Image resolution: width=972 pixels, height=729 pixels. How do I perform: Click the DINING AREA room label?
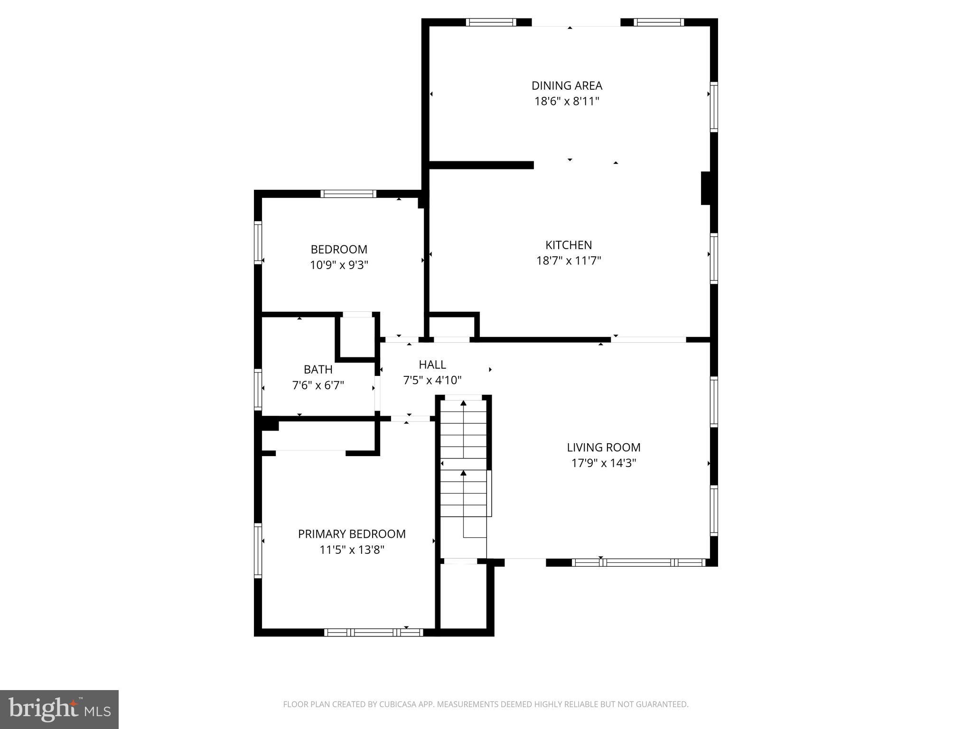click(x=567, y=85)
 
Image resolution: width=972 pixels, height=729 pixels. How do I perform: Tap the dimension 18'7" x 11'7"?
click(x=569, y=261)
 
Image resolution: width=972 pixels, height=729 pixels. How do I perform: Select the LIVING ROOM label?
click(x=603, y=447)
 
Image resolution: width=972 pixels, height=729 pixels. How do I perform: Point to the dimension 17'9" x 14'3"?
click(x=603, y=463)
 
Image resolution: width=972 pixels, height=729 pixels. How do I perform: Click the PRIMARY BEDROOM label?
click(x=352, y=534)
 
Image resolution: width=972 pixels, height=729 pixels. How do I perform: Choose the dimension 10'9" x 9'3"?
click(x=339, y=265)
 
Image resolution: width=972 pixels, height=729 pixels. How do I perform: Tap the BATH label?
click(x=318, y=369)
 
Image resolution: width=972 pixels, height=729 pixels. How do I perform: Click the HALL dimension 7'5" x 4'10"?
click(x=432, y=380)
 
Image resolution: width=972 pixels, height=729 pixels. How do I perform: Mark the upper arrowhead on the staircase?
click(x=463, y=403)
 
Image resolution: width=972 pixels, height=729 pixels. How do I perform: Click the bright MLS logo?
click(x=59, y=709)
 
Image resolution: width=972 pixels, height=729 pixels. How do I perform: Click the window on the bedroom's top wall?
click(x=348, y=194)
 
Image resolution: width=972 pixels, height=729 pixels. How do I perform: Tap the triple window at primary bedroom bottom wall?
click(x=374, y=632)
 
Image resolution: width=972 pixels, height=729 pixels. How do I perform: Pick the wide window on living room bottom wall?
click(x=639, y=562)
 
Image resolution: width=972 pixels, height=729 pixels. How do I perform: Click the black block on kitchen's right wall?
click(x=706, y=188)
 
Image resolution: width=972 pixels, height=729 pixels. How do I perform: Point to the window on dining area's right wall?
click(x=713, y=107)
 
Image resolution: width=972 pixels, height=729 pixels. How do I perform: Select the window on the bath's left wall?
click(x=258, y=389)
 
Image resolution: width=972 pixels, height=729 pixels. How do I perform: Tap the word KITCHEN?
click(x=569, y=245)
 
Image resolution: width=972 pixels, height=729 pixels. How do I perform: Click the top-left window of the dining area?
click(x=491, y=22)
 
